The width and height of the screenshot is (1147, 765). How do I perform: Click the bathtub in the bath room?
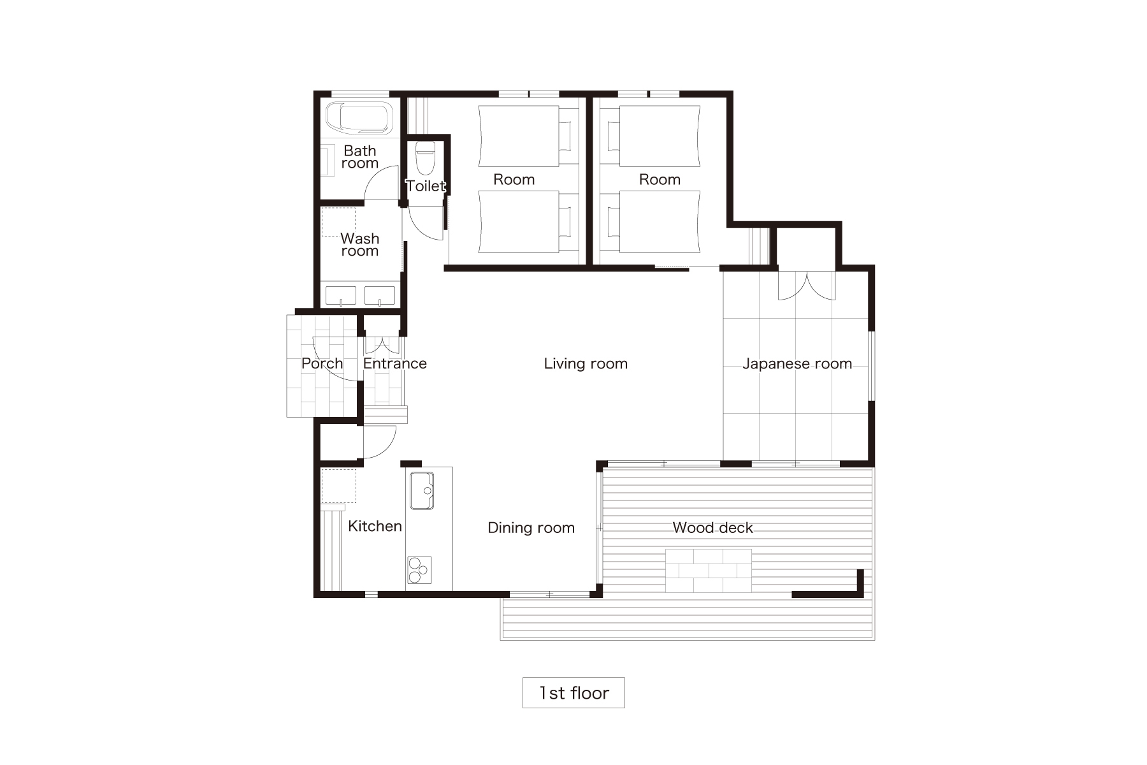pyautogui.click(x=361, y=118)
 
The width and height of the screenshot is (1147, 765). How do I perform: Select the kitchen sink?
pyautogui.click(x=421, y=490)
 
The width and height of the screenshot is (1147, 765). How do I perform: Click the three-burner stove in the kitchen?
pyautogui.click(x=419, y=569)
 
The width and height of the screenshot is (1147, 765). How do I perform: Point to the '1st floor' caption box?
pyautogui.click(x=573, y=692)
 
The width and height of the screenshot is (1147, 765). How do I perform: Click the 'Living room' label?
pyautogui.click(x=586, y=363)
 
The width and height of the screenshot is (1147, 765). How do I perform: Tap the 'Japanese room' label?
pyautogui.click(x=797, y=364)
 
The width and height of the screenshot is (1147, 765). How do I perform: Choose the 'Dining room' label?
pyautogui.click(x=531, y=528)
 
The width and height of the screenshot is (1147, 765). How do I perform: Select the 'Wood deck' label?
pyautogui.click(x=712, y=528)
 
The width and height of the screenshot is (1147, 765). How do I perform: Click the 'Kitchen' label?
pyautogui.click(x=375, y=526)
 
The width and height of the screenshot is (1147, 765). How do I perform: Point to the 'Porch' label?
pyautogui.click(x=322, y=363)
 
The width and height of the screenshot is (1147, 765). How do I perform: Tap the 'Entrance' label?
pyautogui.click(x=394, y=363)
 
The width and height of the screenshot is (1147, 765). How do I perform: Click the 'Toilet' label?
pyautogui.click(x=426, y=186)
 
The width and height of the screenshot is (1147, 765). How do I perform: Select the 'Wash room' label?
pyautogui.click(x=360, y=245)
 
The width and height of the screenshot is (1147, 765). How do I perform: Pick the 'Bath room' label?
pyautogui.click(x=360, y=157)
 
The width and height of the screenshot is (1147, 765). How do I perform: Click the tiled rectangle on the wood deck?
pyautogui.click(x=709, y=570)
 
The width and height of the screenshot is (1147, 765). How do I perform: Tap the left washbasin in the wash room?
pyautogui.click(x=341, y=296)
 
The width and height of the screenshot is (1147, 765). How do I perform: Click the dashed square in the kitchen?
pyautogui.click(x=338, y=486)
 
